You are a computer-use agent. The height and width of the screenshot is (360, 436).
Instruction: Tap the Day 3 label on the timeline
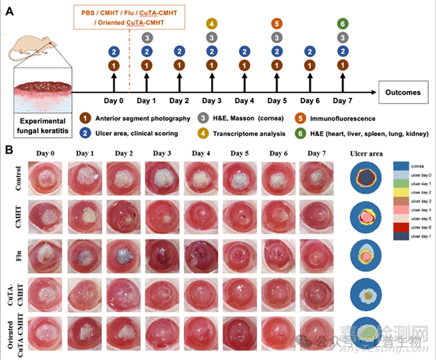[212, 101]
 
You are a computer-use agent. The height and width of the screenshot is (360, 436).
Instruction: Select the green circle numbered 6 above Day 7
[343, 24]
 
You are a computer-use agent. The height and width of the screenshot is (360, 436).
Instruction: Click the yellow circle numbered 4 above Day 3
[212, 24]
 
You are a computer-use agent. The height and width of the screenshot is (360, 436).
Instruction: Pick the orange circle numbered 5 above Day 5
[277, 24]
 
